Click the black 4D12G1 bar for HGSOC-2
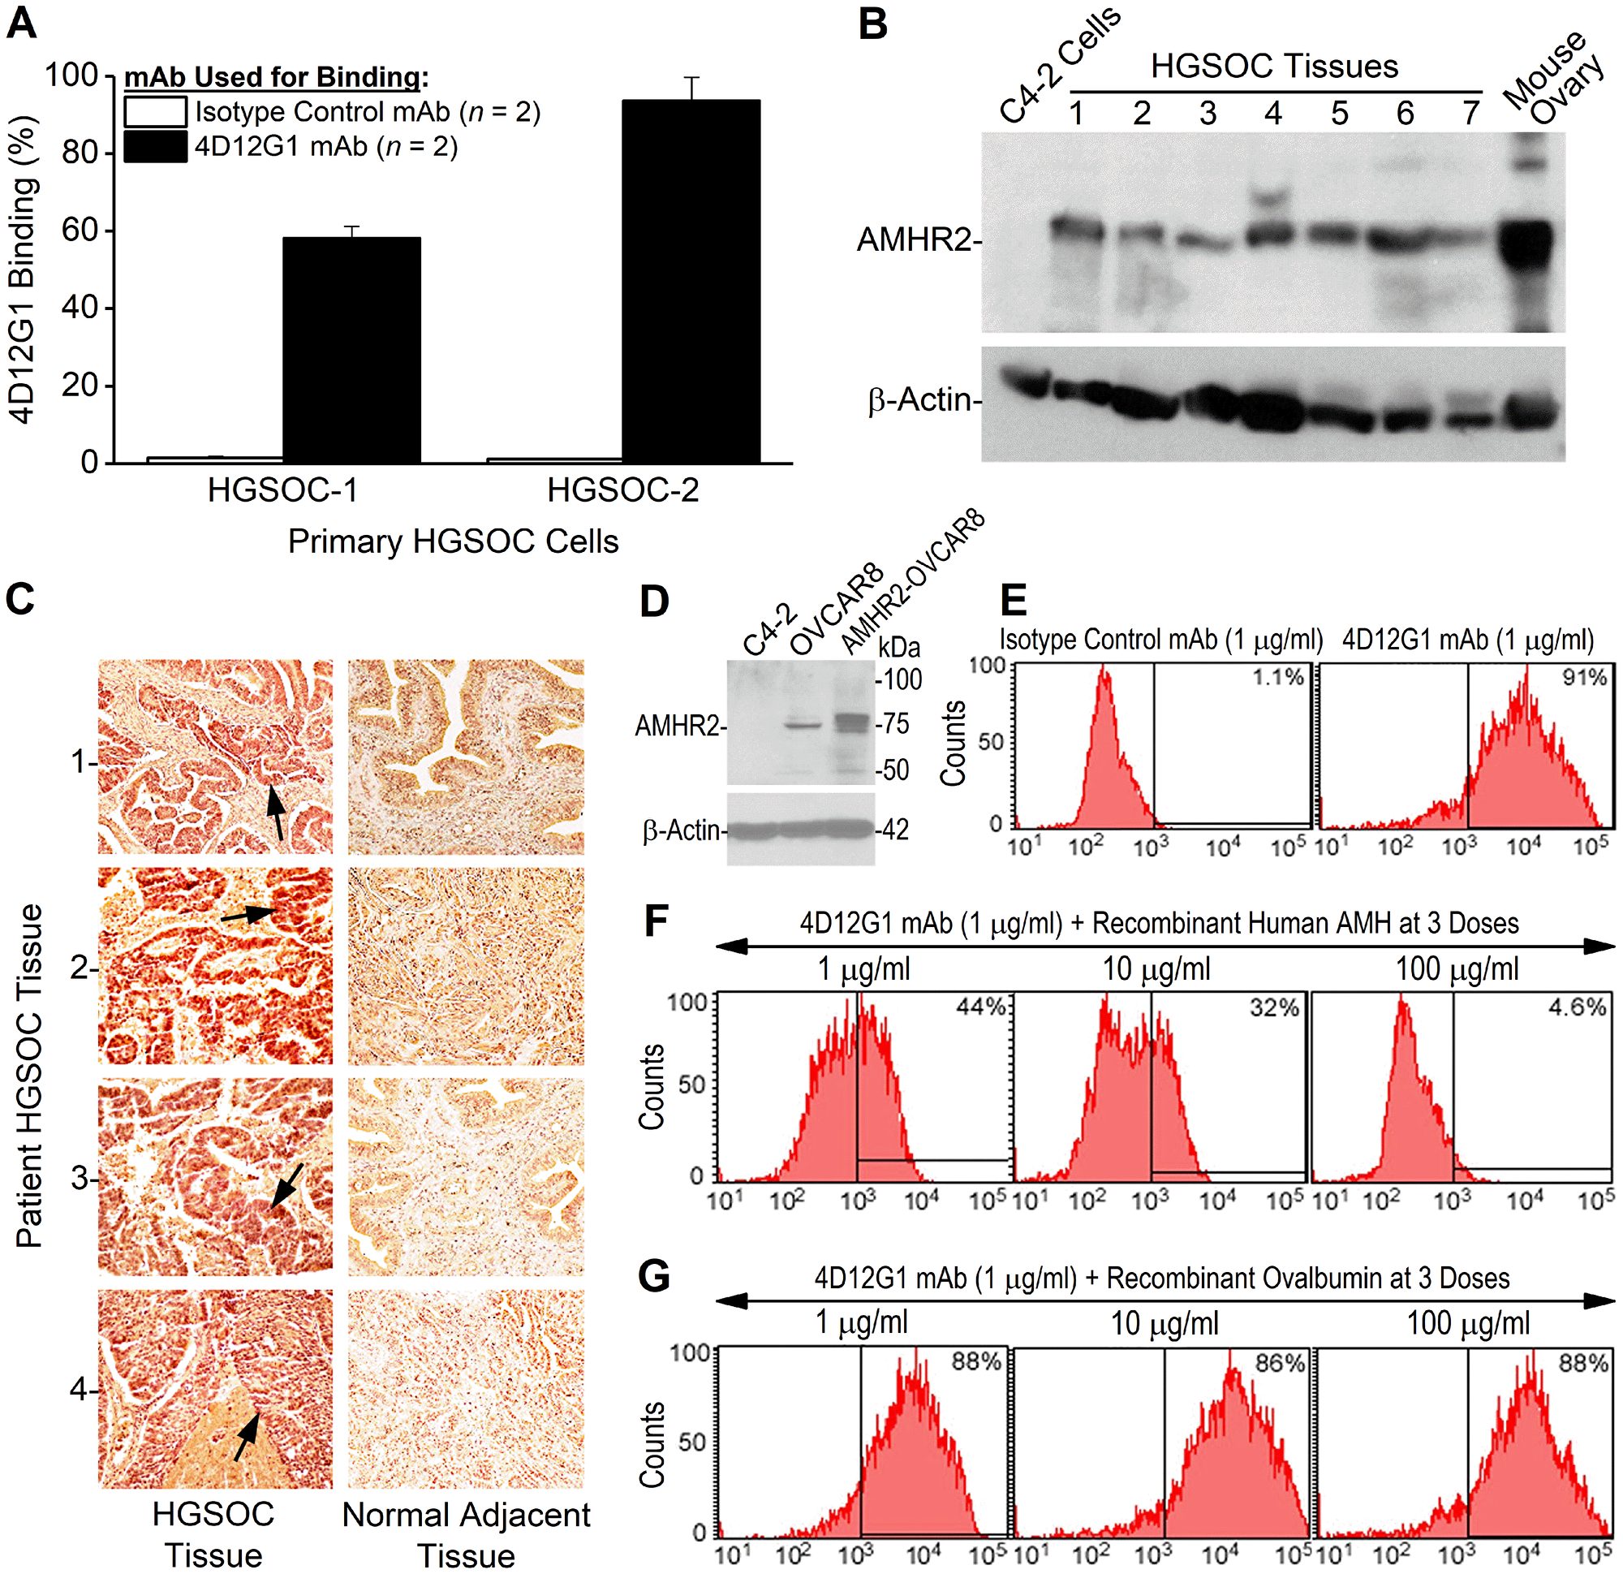click(x=691, y=281)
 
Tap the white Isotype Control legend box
click(x=155, y=112)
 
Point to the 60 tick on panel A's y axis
click(x=80, y=230)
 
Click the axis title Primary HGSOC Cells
click(x=453, y=541)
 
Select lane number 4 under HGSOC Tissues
click(x=1272, y=114)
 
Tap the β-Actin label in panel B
click(x=919, y=400)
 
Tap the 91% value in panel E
click(x=1584, y=677)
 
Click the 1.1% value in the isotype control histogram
click(x=1277, y=677)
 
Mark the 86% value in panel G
click(x=1280, y=1363)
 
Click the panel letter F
click(x=656, y=921)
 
